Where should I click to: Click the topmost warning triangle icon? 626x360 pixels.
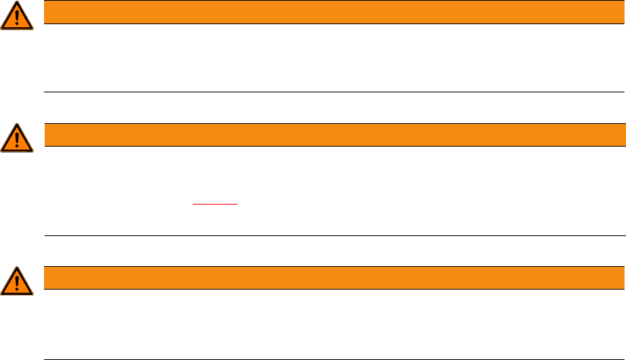(17, 15)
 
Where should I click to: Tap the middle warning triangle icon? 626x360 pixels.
(17, 137)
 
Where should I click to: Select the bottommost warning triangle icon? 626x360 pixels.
(17, 280)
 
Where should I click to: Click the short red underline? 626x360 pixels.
(216, 203)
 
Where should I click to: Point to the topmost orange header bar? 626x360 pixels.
(330, 12)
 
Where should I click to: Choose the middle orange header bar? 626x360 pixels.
(330, 135)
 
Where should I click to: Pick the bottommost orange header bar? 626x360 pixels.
(330, 278)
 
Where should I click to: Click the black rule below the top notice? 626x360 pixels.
(330, 92)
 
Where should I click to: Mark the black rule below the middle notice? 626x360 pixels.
(330, 235)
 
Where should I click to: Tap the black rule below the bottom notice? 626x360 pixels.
(330, 359)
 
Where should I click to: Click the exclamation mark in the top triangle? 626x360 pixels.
(17, 17)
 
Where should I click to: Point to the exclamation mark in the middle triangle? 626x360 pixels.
(17, 139)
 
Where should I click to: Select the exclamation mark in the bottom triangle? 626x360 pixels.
(17, 282)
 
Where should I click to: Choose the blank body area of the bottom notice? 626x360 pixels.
(330, 323)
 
